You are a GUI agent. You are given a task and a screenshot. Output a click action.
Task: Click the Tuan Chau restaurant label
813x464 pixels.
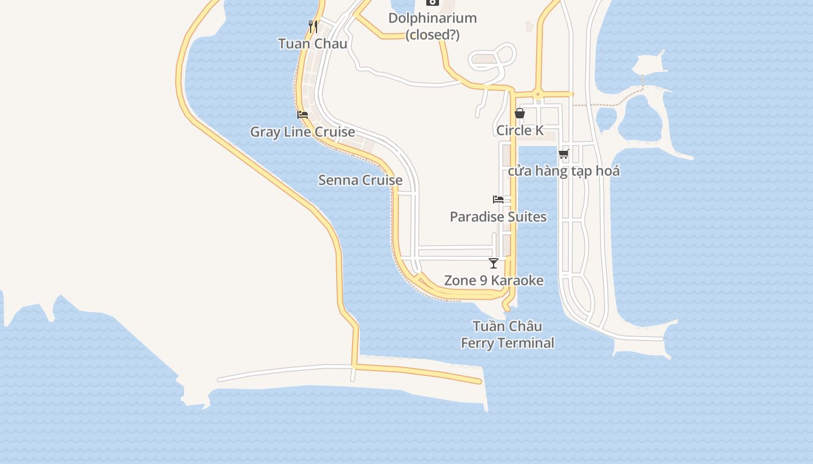pyautogui.click(x=312, y=43)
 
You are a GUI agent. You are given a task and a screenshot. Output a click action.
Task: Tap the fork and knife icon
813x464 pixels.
pyautogui.click(x=313, y=26)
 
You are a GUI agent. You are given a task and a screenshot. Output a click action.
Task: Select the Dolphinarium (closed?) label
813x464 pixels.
pyautogui.click(x=433, y=26)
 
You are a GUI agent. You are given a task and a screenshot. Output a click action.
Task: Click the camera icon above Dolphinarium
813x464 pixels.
pyautogui.click(x=432, y=2)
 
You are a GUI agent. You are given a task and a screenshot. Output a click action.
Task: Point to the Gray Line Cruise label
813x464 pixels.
pyautogui.click(x=303, y=132)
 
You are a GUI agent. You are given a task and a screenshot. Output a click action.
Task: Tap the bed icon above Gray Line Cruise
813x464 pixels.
pyautogui.click(x=303, y=115)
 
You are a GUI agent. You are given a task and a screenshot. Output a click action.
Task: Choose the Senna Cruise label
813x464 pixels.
pyautogui.click(x=360, y=180)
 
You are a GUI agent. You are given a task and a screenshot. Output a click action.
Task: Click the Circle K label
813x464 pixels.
pyautogui.click(x=520, y=130)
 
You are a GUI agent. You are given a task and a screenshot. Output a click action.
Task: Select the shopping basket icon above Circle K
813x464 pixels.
pyautogui.click(x=520, y=113)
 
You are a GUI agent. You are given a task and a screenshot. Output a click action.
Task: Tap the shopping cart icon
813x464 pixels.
pyautogui.click(x=563, y=154)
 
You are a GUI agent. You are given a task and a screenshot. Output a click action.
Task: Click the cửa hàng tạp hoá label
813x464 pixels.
pyautogui.click(x=564, y=171)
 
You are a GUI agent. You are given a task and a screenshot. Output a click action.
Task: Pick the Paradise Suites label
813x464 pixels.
pyautogui.click(x=498, y=217)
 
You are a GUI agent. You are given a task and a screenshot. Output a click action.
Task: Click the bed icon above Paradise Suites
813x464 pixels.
pyautogui.click(x=498, y=200)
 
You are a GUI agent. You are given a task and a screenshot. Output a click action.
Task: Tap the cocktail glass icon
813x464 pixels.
pyautogui.click(x=494, y=263)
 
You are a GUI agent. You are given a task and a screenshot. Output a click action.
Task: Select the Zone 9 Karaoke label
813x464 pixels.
pyautogui.click(x=494, y=281)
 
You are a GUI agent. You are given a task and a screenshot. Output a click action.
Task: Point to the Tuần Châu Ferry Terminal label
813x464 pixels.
pyautogui.click(x=508, y=335)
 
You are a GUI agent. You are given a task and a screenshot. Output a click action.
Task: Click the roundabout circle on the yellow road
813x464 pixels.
pyautogui.click(x=538, y=93)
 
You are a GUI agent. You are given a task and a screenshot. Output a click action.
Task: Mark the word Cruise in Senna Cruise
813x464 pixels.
pyautogui.click(x=382, y=180)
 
